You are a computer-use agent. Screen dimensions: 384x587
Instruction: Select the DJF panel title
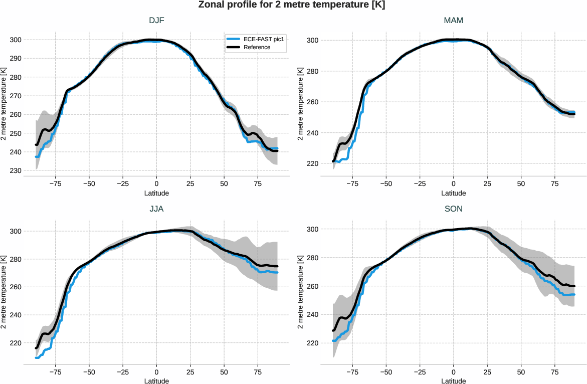coord(156,21)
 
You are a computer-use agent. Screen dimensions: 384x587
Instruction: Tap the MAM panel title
coord(453,21)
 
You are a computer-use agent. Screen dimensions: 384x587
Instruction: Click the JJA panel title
coord(156,210)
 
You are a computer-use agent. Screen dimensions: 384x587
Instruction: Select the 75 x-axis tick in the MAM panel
coord(554,184)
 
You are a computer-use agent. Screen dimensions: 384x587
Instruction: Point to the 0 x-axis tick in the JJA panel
coord(156,372)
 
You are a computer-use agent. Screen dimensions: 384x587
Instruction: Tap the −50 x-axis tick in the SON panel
coord(385,372)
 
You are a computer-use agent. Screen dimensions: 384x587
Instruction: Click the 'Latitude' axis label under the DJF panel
coord(156,193)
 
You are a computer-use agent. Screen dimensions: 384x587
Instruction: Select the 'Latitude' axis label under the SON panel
coord(453,381)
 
